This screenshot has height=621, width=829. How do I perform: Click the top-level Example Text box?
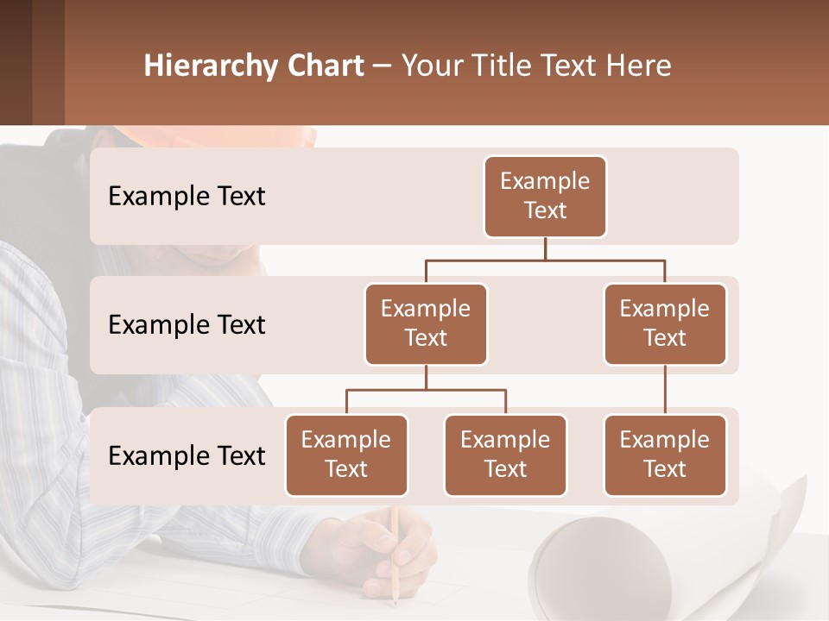(x=545, y=196)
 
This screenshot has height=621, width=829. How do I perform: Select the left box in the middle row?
(x=426, y=323)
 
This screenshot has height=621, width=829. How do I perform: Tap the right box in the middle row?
(x=665, y=323)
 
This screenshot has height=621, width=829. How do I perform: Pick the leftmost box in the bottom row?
(x=346, y=455)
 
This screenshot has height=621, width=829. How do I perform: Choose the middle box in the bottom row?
(x=505, y=455)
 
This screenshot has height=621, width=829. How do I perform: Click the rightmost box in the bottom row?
(x=665, y=455)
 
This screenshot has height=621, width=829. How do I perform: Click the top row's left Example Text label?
(x=187, y=197)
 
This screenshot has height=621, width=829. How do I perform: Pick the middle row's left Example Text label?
(x=187, y=325)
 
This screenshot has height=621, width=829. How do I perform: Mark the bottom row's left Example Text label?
(x=187, y=456)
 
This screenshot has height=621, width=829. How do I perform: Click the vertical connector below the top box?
(x=545, y=248)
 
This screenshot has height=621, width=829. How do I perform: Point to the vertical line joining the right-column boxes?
(x=665, y=389)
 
